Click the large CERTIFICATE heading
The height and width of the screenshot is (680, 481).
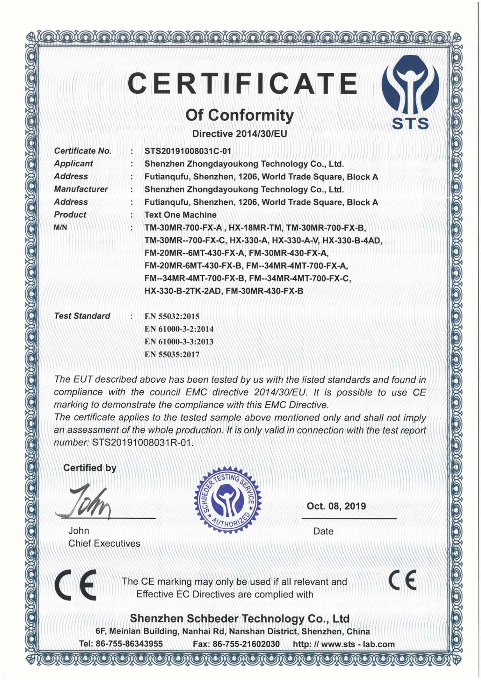click(243, 83)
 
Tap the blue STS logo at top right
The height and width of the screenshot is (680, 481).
click(411, 89)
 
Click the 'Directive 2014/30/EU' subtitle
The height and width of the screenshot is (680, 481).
click(240, 134)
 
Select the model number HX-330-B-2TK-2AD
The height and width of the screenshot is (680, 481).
click(183, 291)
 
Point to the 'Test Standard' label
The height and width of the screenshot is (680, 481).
click(82, 316)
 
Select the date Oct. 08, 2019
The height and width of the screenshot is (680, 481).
click(336, 506)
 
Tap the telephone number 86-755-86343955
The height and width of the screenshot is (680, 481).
click(129, 644)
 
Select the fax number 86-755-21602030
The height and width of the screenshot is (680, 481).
click(246, 644)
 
